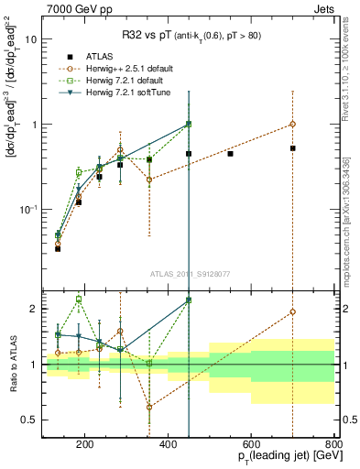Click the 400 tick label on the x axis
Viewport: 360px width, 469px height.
point(168,445)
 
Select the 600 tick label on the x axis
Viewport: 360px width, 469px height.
point(251,445)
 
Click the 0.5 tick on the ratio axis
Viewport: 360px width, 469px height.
point(29,420)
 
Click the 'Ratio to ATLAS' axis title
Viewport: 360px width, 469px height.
point(11,364)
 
